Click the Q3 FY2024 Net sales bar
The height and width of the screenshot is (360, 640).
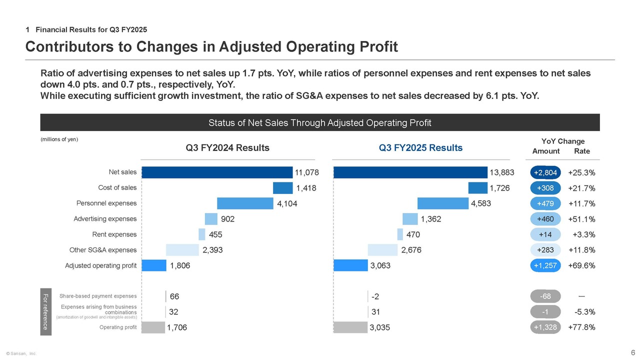point(217,172)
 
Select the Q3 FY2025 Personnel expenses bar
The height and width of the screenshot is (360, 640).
point(443,203)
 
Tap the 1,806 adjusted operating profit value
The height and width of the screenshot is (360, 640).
point(180,266)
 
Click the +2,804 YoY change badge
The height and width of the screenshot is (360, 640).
point(545,173)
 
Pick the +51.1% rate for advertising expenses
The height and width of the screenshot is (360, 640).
point(581,219)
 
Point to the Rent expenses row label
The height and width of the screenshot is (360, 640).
point(114,234)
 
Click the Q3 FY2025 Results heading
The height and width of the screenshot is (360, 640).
point(420,148)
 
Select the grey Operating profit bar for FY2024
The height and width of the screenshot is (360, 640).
point(153,327)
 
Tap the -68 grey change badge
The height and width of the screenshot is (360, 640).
point(545,296)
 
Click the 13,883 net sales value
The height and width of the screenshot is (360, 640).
point(502,173)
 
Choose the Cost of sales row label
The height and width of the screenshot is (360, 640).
point(117,187)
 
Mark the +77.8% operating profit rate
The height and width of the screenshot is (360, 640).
point(581,327)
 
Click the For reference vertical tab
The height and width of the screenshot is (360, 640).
point(45,312)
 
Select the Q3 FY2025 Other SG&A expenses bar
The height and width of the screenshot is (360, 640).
point(382,250)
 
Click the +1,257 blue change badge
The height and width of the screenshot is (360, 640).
point(545,265)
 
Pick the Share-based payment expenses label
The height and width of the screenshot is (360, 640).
point(98,296)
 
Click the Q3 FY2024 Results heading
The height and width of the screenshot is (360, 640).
point(227,148)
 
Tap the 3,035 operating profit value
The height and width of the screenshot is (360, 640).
point(379,328)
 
